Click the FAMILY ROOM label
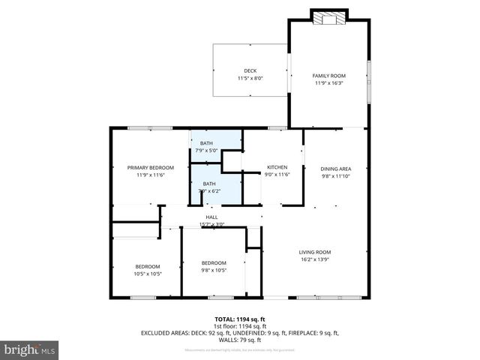click(x=328, y=76)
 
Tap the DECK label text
click(x=250, y=70)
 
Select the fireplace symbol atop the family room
click(x=329, y=17)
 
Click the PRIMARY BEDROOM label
click(x=150, y=167)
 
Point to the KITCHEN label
click(x=278, y=167)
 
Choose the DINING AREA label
click(x=336, y=169)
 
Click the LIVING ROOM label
click(x=315, y=252)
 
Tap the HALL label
click(x=211, y=217)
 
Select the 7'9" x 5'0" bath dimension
click(x=205, y=150)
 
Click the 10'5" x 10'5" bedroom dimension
click(x=148, y=274)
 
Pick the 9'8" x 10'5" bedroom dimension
click(x=214, y=270)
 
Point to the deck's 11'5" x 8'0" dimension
click(x=250, y=78)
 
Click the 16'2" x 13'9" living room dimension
click(x=315, y=259)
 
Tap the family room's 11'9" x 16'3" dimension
click(x=328, y=83)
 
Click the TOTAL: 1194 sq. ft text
click(x=240, y=319)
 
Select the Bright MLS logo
click(x=30, y=349)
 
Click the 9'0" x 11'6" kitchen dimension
click(x=278, y=175)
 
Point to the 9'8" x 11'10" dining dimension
click(x=336, y=176)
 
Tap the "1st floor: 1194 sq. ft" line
click(x=240, y=326)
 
